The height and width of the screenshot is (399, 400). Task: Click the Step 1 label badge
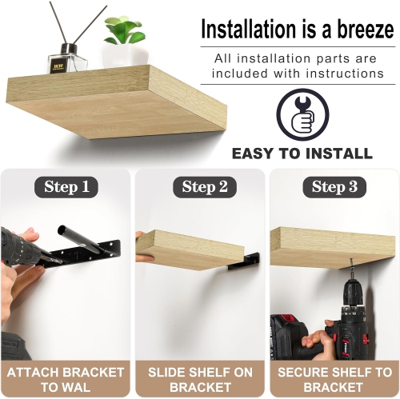pos(66,187)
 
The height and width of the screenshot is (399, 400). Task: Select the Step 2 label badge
pos(199,187)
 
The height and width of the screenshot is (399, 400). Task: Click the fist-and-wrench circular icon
pos(302,115)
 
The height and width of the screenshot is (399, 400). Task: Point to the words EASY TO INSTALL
pos(302,154)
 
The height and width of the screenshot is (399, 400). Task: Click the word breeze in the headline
pos(358,30)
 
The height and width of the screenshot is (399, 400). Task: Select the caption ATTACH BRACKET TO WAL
pos(66,379)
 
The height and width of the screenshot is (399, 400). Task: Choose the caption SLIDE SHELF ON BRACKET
pos(200,379)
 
